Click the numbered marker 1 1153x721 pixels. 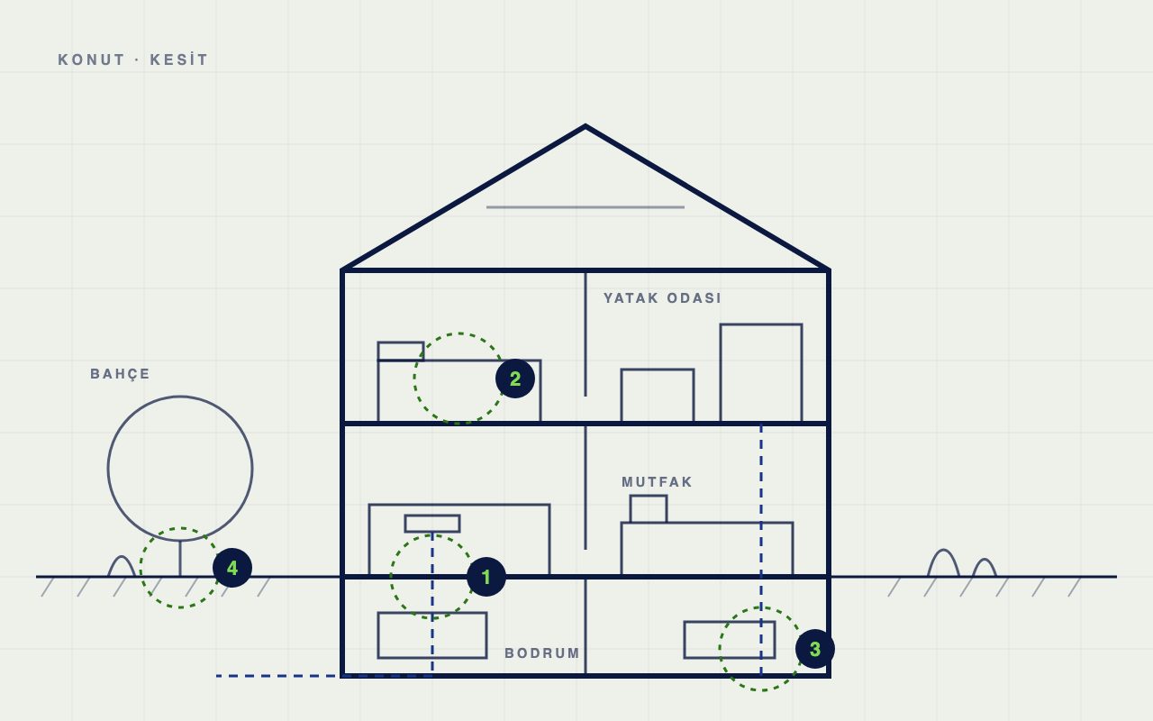486,577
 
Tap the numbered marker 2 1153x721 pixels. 515,379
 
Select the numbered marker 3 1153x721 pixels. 815,649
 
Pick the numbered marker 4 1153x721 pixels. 232,568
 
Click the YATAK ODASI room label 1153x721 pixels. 662,298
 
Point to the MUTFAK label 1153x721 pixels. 658,482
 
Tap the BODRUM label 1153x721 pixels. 542,653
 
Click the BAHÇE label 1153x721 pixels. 120,374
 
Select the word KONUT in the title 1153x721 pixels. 92,59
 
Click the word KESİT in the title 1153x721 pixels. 178,59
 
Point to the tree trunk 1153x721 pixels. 180,559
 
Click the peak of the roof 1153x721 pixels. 586,125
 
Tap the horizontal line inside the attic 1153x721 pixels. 586,207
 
